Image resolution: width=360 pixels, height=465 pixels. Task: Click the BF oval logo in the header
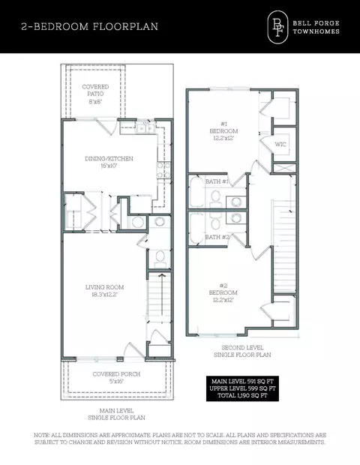277,27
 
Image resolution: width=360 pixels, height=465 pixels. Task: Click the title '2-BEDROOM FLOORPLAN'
89,26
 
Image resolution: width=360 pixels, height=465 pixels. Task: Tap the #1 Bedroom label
223,130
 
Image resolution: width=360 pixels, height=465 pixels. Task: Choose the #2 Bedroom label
223,292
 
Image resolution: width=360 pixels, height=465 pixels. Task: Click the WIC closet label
280,145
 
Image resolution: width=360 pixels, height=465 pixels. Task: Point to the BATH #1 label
217,181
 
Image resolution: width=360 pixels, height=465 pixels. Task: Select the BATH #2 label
217,237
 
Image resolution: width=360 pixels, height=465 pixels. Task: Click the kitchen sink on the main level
145,128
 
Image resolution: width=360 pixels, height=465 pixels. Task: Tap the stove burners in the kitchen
163,170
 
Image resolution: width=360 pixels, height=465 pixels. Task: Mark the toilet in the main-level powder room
160,257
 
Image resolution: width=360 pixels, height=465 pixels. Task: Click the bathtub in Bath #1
196,191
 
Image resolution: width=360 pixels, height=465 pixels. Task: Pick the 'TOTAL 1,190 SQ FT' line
242,395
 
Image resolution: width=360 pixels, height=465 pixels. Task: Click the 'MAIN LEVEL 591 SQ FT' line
242,381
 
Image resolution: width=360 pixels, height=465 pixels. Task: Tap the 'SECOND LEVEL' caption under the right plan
242,347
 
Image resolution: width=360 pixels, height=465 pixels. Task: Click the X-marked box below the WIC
284,168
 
